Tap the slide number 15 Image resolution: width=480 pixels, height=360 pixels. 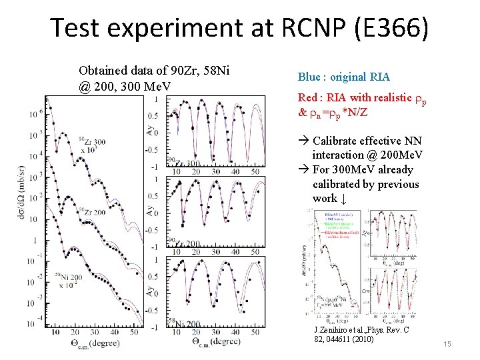pyautogui.click(x=447, y=344)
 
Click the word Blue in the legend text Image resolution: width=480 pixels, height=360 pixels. pyautogui.click(x=309, y=77)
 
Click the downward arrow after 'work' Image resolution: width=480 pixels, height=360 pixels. pyautogui.click(x=343, y=199)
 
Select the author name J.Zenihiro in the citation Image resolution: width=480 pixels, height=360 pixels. pyautogui.click(x=335, y=331)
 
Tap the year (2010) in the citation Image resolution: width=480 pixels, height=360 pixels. pyautogui.click(x=361, y=339)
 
